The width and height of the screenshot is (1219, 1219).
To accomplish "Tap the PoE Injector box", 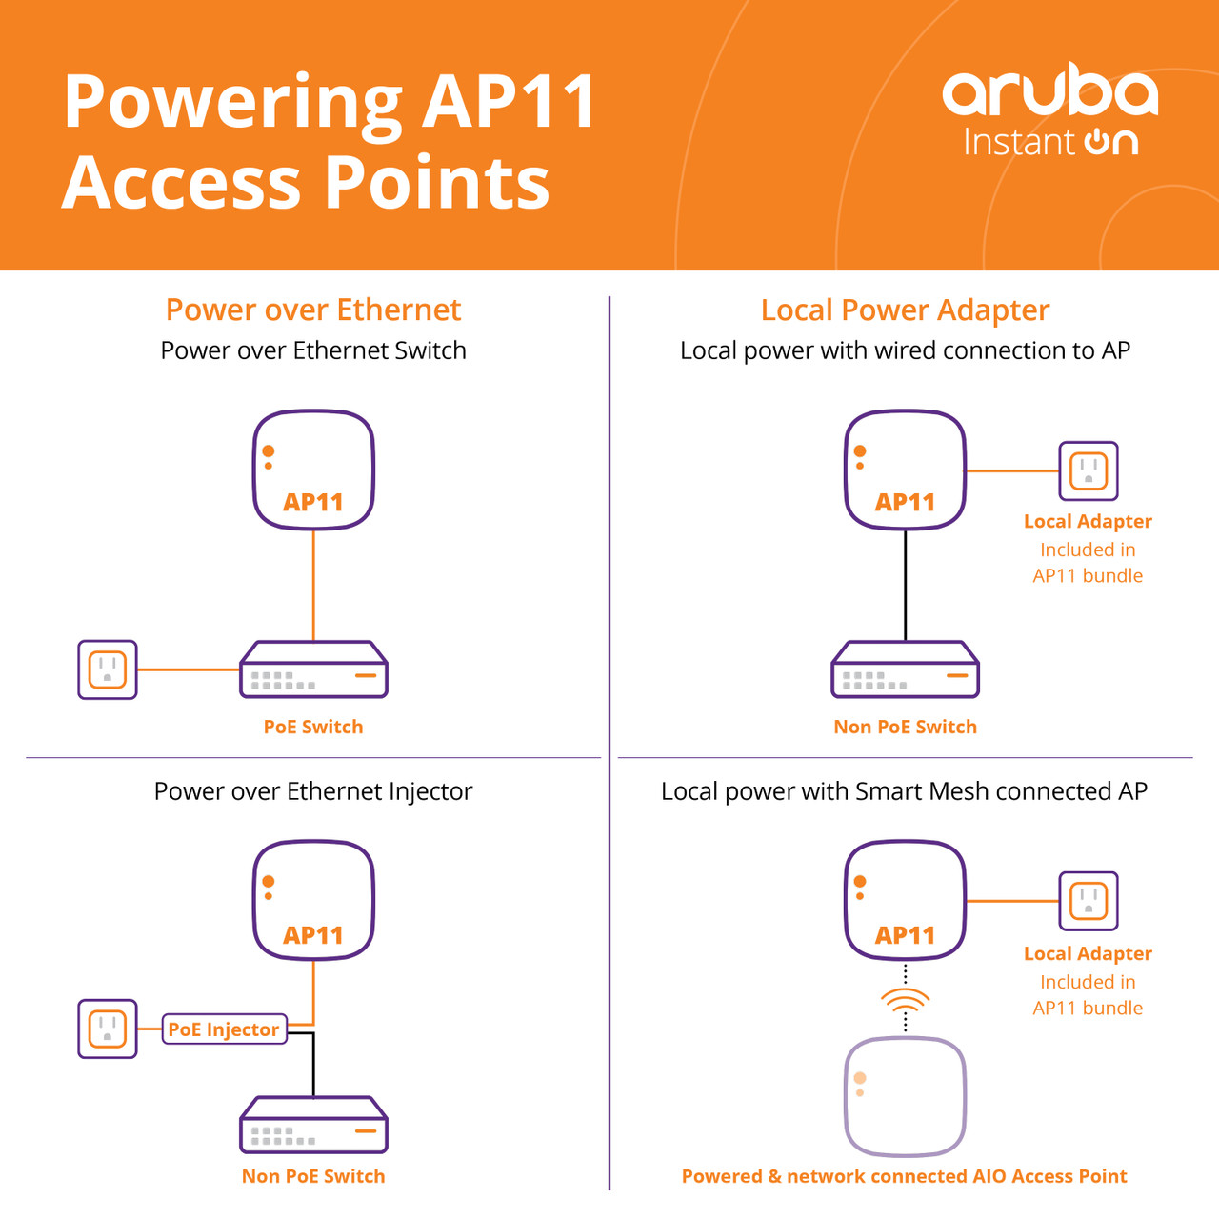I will click(x=224, y=1029).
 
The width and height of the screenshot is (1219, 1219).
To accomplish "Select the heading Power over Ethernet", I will click(x=313, y=310).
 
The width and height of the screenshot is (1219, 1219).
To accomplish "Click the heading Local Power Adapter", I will click(x=905, y=310).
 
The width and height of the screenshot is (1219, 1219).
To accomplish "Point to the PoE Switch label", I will click(x=313, y=727).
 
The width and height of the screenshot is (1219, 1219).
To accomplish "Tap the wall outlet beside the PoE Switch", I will click(x=108, y=669).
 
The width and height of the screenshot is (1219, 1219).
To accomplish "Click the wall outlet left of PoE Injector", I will click(x=108, y=1029).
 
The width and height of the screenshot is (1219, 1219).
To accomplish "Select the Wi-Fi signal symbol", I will click(x=905, y=1000).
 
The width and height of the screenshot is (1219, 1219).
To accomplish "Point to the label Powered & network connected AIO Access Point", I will click(x=904, y=1176).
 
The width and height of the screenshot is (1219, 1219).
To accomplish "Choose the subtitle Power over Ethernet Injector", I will click(x=313, y=791).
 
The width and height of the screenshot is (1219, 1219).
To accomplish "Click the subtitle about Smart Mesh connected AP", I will click(x=904, y=791).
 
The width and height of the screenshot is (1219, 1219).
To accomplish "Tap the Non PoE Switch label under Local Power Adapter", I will click(x=905, y=727).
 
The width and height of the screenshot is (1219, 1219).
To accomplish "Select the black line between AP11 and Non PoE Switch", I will click(x=905, y=586).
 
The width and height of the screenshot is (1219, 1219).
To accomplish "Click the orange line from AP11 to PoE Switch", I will click(x=313, y=586).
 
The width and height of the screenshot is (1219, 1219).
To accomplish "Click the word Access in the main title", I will click(x=181, y=182).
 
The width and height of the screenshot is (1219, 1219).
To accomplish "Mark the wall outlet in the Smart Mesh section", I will click(x=1089, y=901).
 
